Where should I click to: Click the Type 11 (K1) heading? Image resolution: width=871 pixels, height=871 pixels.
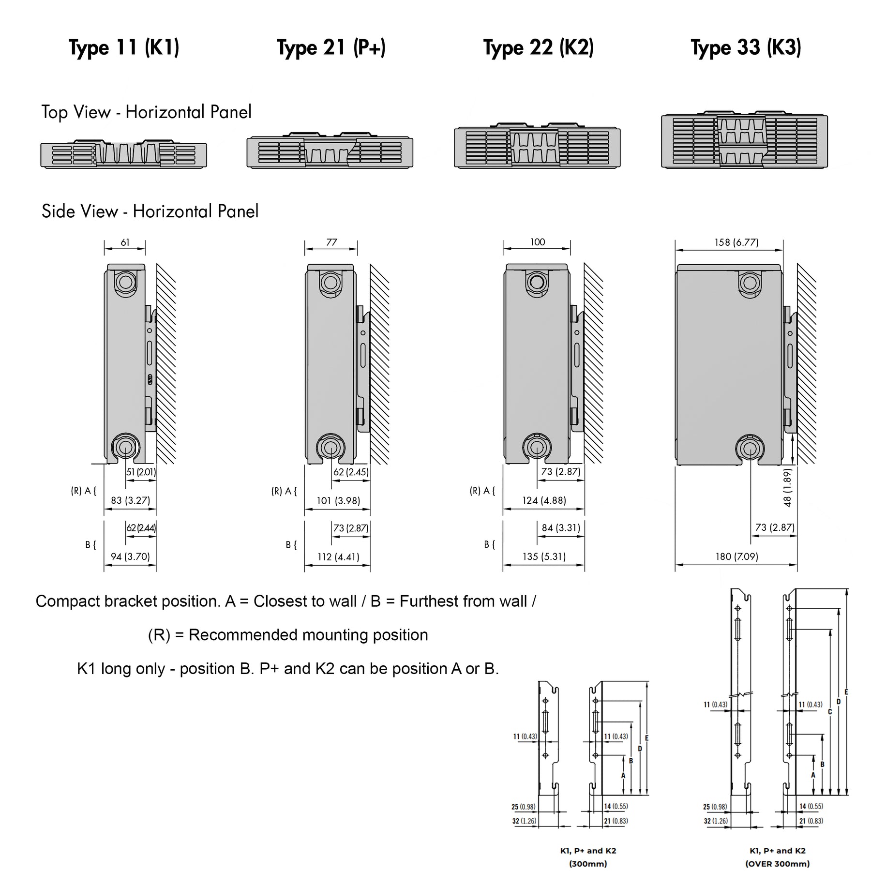[x=124, y=48]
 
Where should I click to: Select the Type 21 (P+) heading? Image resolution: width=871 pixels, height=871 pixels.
[x=331, y=48]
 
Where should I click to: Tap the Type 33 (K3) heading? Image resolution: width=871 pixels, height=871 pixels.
[x=746, y=48]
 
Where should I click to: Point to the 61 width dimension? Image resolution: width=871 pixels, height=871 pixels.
[x=125, y=242]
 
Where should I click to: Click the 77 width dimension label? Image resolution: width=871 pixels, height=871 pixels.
[x=331, y=242]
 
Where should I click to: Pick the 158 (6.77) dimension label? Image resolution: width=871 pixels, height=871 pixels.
[x=736, y=242]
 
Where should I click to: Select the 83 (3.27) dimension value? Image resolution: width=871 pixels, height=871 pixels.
[x=130, y=500]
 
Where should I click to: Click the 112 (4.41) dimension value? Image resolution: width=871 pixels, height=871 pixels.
[x=338, y=557]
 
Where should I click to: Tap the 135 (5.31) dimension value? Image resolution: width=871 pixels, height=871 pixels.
[x=544, y=556]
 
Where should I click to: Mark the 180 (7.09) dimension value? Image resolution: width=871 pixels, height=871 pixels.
[x=736, y=557]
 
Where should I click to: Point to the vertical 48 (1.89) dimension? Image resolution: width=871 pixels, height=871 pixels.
[x=787, y=488]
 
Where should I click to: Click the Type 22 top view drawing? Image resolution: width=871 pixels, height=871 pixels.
[x=537, y=146]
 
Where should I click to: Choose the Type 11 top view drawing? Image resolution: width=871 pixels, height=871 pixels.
[x=124, y=154]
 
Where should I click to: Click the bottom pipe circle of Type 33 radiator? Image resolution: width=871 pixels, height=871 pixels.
[x=750, y=448]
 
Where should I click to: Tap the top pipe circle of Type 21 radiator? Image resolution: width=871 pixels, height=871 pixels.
[x=330, y=282]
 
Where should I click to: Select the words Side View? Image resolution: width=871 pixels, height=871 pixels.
[x=80, y=211]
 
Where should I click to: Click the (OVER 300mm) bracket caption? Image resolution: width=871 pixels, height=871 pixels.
[x=777, y=864]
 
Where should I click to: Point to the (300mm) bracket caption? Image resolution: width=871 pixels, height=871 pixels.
[x=588, y=864]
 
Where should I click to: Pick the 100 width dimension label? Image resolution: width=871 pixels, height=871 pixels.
[x=538, y=242]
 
